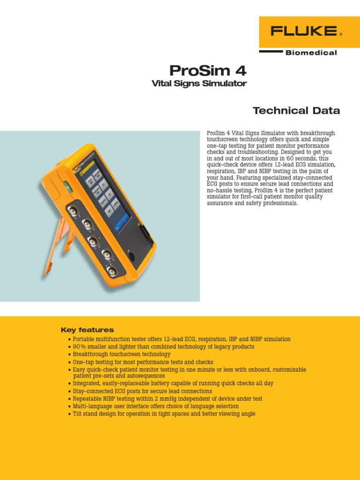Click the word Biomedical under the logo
coord(311,53)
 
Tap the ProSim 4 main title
coord(207,71)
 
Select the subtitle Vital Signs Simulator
coord(199,84)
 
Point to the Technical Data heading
coord(296,111)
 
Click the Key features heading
coord(87,330)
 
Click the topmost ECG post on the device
coord(74,210)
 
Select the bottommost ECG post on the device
coord(112,270)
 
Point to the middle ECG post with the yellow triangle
coord(93,240)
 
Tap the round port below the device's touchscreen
coord(132,257)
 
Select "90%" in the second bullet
coord(79,347)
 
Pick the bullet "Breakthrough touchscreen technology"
coord(122,354)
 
